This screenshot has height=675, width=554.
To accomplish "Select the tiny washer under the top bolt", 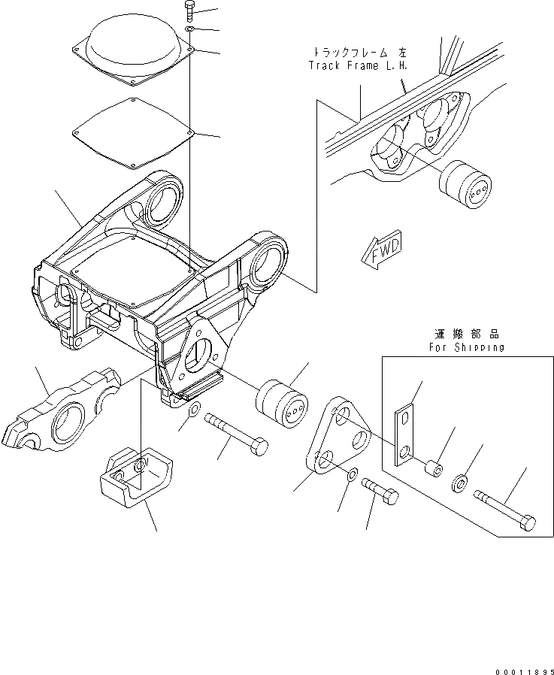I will tap(191, 29).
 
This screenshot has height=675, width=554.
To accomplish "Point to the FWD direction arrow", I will tap(381, 250).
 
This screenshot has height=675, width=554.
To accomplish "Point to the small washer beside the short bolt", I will tap(352, 477).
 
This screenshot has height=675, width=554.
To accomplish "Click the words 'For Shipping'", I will tap(467, 348).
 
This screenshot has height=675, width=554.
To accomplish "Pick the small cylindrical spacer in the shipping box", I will tap(432, 470).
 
